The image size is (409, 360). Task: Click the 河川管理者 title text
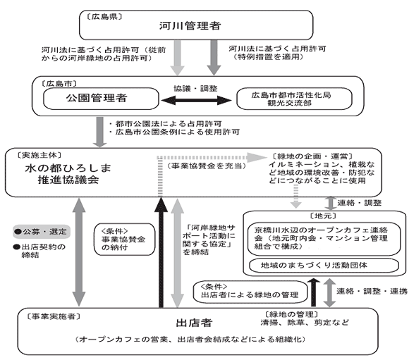[190, 25]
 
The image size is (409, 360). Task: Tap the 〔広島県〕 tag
[104, 17]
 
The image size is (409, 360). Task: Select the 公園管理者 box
[101, 99]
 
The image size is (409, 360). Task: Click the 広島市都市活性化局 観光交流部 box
[294, 99]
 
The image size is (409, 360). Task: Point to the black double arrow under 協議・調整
[197, 100]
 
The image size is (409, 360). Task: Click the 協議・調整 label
[195, 88]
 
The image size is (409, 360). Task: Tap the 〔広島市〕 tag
[59, 83]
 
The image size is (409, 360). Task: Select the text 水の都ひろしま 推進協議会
[68, 174]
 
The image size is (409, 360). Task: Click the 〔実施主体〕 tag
[39, 155]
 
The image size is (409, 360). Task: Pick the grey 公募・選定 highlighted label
[42, 232]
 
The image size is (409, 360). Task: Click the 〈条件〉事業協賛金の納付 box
[124, 239]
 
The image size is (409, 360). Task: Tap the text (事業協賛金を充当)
[206, 166]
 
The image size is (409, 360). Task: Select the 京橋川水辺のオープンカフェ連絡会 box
[324, 239]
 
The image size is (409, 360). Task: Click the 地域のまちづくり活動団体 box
[324, 266]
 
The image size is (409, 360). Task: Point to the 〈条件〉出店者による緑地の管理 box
[250, 292]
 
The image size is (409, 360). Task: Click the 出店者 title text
[195, 323]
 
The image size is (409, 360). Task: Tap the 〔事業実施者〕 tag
[54, 316]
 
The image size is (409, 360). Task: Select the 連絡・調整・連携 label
[372, 291]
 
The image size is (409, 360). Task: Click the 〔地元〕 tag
[323, 216]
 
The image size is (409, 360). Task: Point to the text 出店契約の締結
[39, 251]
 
